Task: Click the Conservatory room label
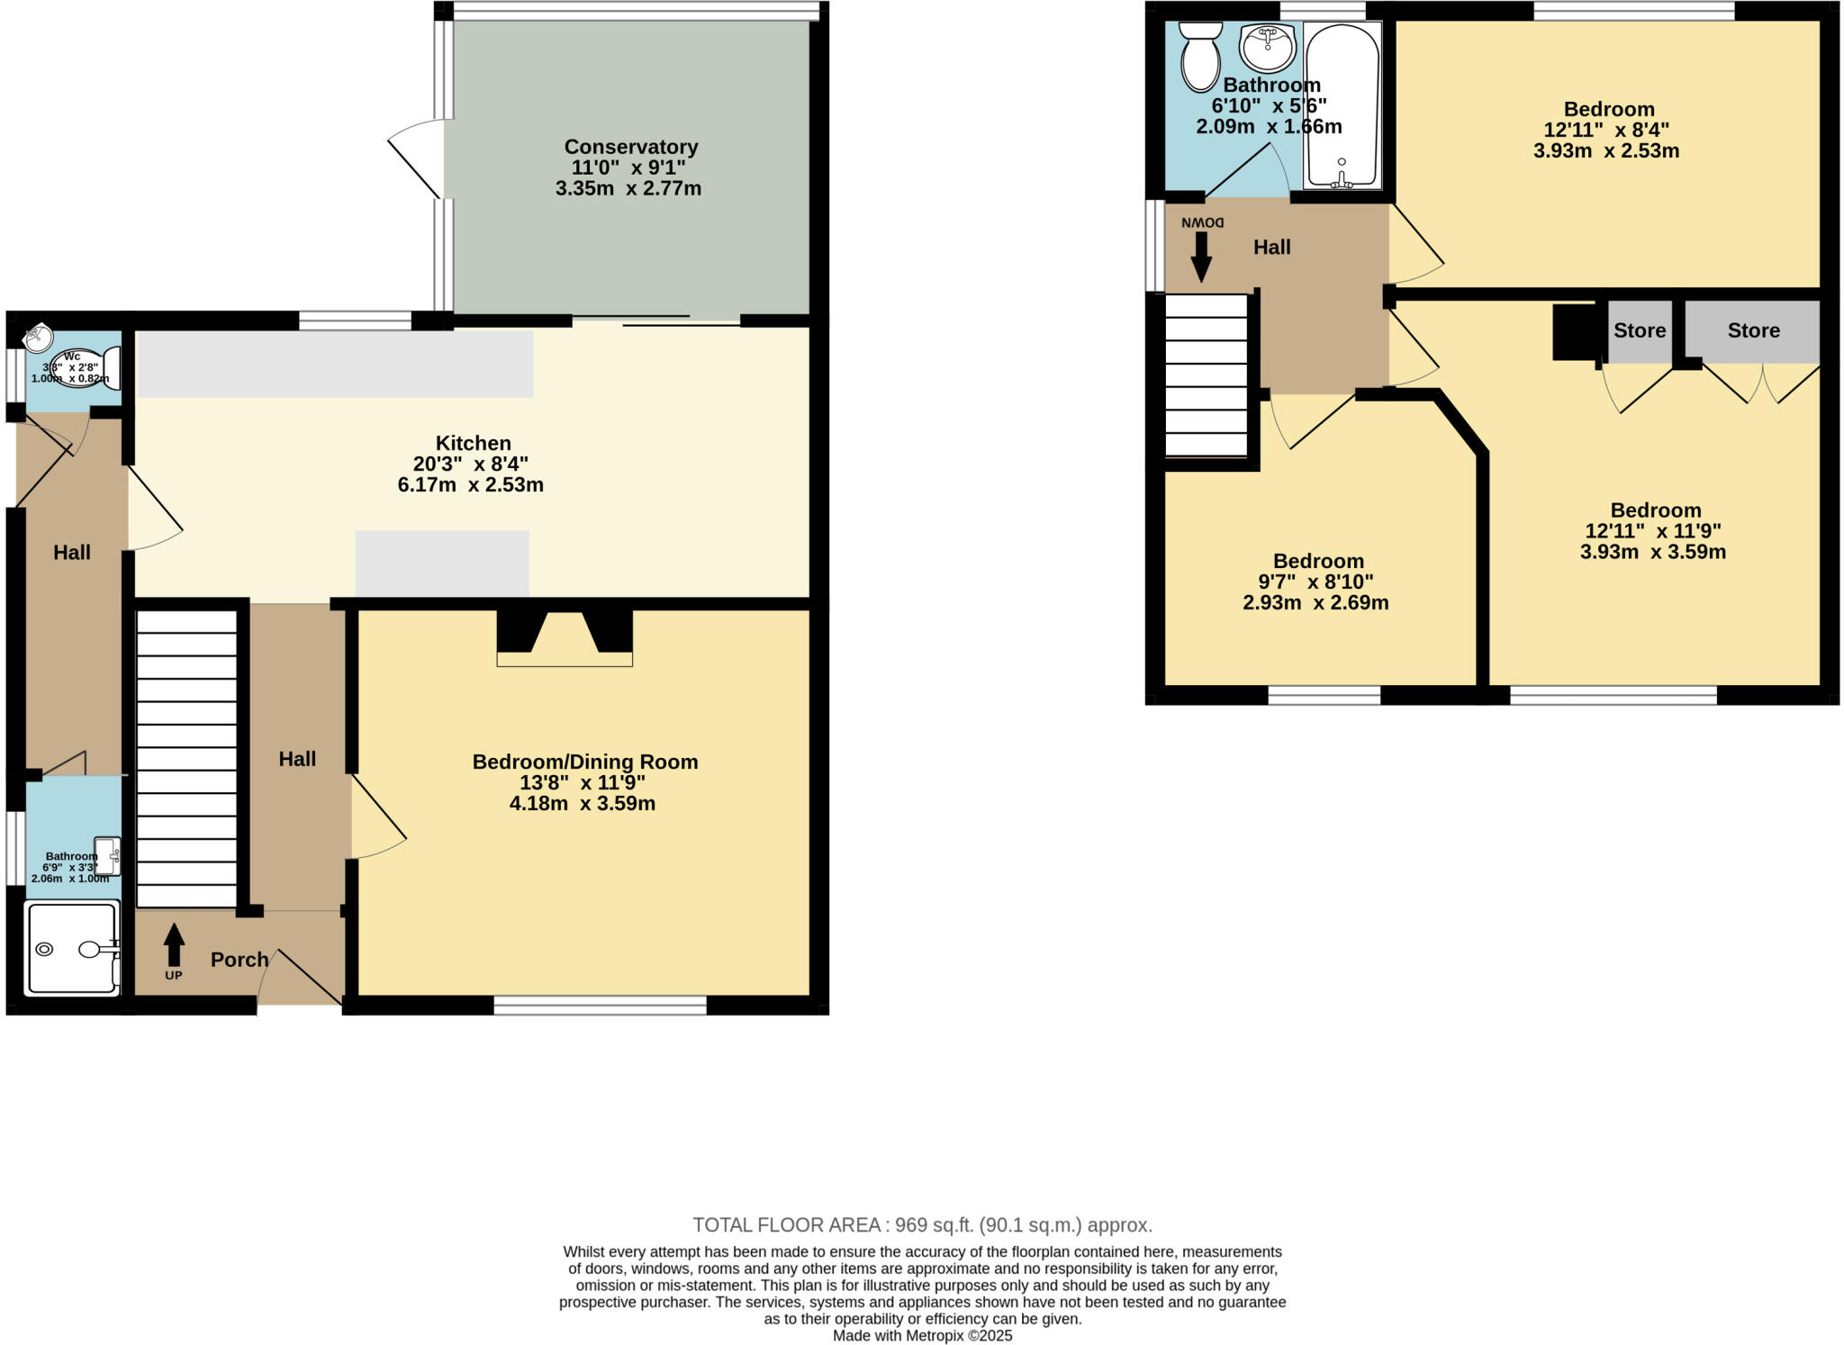(630, 147)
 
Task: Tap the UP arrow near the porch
(174, 947)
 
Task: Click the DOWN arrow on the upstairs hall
(1201, 257)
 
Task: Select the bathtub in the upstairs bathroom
(1342, 105)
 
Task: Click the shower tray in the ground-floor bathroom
(72, 948)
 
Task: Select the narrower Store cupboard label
(1639, 330)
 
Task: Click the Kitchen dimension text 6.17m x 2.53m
(470, 485)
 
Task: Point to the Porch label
(240, 960)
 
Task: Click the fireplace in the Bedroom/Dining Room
(565, 638)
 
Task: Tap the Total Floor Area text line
(922, 1224)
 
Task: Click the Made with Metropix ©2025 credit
(922, 1336)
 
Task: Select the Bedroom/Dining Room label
(584, 762)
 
